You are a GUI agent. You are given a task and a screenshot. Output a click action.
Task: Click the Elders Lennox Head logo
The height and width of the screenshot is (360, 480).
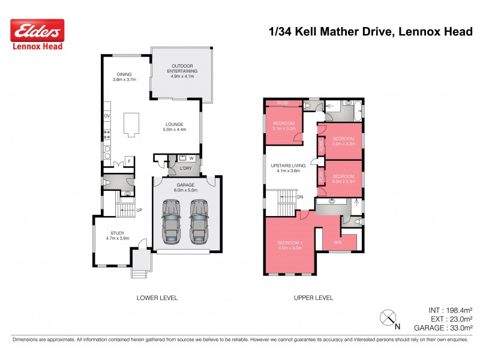tap(37, 34)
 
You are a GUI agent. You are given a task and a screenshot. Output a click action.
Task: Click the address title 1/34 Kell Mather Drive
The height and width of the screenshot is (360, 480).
tap(370, 31)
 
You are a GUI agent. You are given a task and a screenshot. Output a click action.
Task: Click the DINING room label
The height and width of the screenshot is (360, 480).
tap(124, 77)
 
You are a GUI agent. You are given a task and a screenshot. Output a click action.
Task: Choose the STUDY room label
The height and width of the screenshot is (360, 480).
tap(117, 235)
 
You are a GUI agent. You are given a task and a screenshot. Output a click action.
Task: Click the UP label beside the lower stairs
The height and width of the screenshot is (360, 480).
tap(139, 210)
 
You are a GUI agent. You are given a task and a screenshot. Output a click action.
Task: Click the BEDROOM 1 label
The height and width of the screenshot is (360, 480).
tap(289, 245)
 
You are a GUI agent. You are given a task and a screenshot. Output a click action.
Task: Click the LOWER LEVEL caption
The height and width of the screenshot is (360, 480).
tap(157, 298)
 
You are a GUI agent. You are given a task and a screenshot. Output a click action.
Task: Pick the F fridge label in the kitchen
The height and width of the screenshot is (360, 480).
tap(128, 161)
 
